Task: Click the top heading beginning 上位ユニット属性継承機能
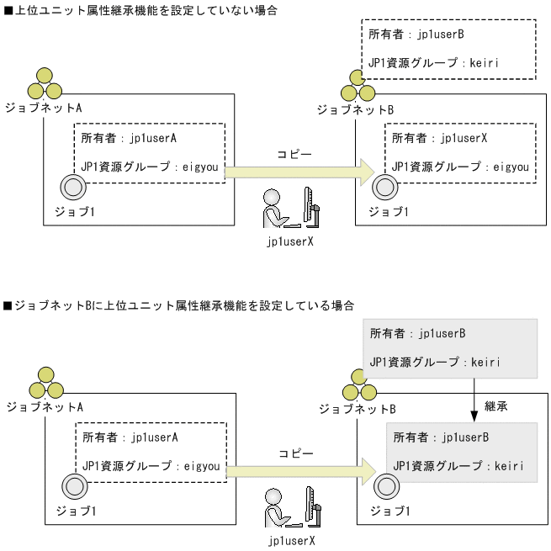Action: pos(140,10)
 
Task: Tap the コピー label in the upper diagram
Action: pos(294,155)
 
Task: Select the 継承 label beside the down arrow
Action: pos(495,405)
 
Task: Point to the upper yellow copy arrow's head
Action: pos(367,172)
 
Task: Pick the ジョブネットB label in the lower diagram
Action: pos(357,409)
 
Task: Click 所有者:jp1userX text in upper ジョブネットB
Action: pos(440,137)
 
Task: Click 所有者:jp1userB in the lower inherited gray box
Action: pos(441,437)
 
